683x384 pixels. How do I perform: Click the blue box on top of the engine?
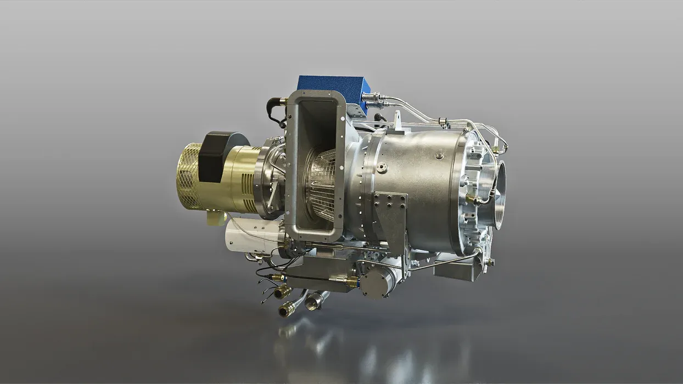pos(333,88)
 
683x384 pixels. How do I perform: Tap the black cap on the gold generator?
pos(220,155)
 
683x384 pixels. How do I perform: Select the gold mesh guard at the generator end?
pos(188,175)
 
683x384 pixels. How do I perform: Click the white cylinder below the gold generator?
pos(253,234)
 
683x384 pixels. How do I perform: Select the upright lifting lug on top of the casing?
pos(396,121)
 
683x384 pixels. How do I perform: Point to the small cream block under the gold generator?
pos(215,218)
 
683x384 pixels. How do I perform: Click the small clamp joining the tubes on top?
pos(443,119)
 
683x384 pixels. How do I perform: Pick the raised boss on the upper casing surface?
pos(439,155)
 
